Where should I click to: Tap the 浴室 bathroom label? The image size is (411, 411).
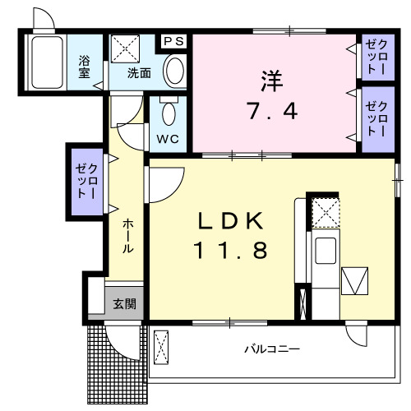[84, 66]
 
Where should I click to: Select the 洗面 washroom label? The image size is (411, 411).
[139, 73]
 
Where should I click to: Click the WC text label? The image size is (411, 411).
[168, 139]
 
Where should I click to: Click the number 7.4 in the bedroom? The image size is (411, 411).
[272, 110]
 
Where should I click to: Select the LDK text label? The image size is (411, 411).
[231, 221]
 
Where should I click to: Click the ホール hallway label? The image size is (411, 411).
[128, 237]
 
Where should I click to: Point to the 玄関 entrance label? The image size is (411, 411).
[125, 304]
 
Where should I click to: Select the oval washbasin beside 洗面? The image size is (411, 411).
[174, 71]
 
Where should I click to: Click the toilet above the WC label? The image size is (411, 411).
[169, 111]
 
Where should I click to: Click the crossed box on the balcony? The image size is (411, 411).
[160, 348]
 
